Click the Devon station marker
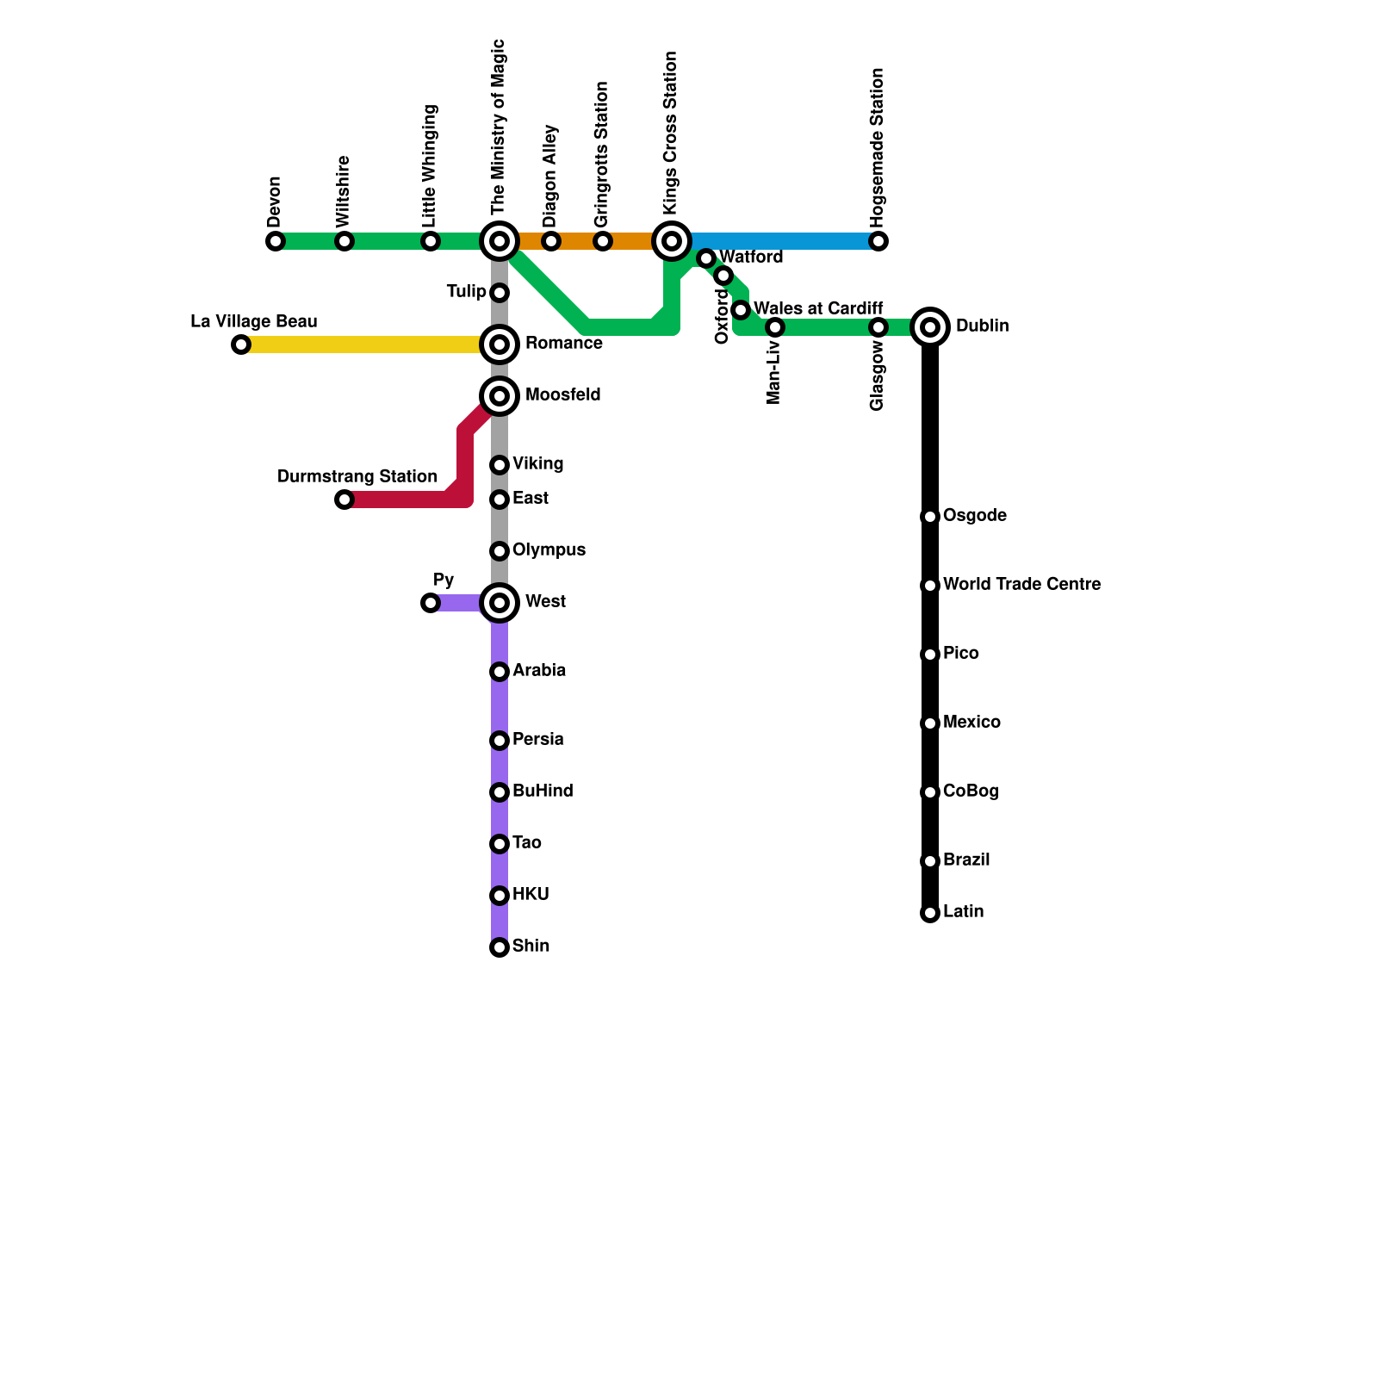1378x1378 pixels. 276,241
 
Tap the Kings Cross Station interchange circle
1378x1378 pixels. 672,241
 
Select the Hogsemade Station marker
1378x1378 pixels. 878,241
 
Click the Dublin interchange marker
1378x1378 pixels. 930,327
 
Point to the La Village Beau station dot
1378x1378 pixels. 241,344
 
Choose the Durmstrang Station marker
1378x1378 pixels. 344,500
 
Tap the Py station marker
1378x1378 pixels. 431,603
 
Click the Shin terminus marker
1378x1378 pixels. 500,947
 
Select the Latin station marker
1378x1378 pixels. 930,913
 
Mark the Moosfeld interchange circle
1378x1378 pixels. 500,396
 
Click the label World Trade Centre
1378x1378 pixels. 1021,585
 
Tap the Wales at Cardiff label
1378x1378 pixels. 818,308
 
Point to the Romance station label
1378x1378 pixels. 563,344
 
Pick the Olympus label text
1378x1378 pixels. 549,550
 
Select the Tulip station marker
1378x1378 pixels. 500,293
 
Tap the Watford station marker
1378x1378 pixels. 706,258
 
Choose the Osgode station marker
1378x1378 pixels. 930,517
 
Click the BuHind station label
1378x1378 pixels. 543,791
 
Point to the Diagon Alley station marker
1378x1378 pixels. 551,241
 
